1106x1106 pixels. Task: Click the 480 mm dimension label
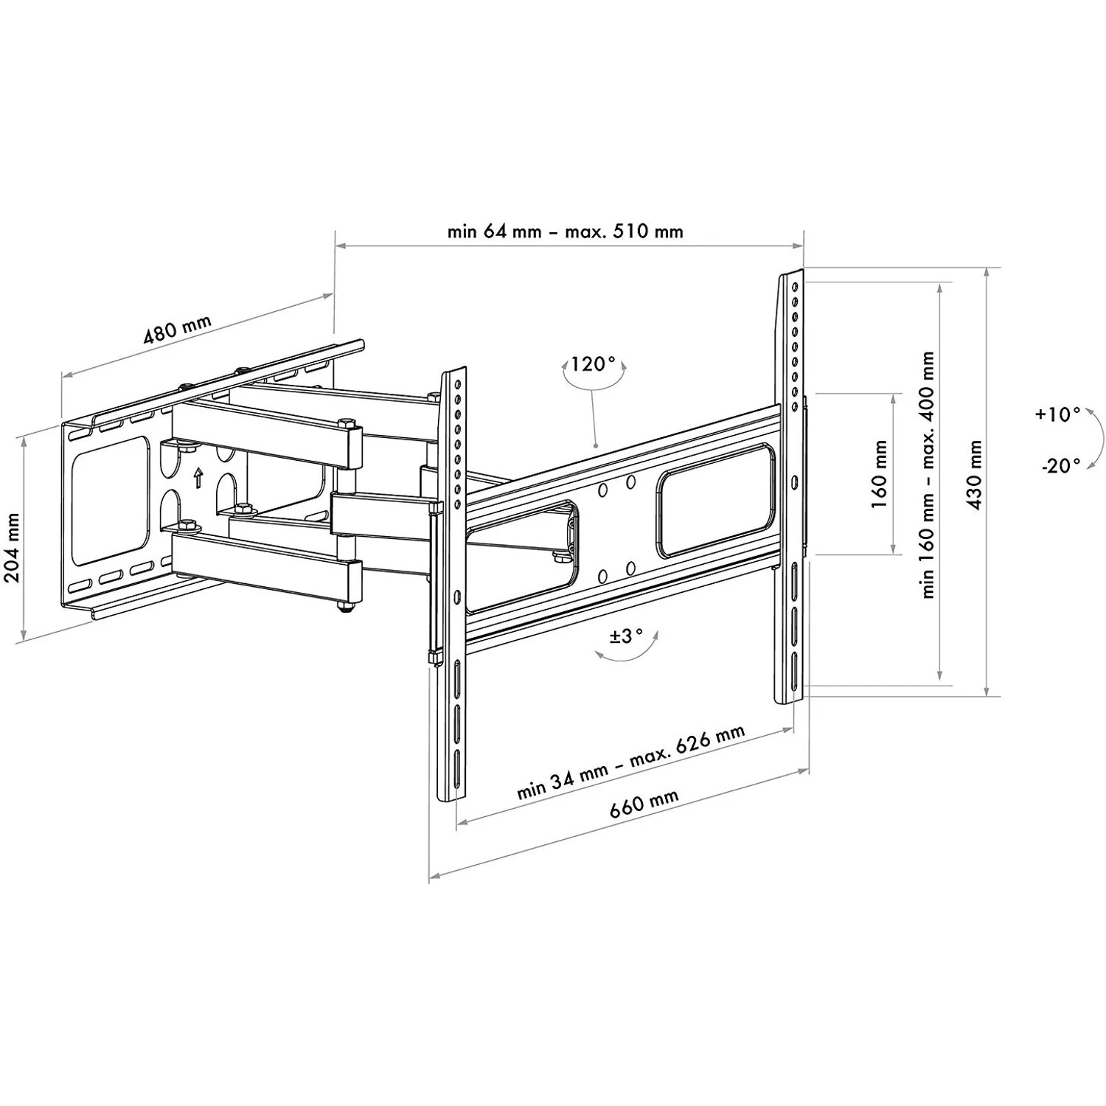tap(177, 330)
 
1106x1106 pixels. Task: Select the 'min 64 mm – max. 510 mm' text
tap(565, 232)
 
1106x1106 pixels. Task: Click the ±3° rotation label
tap(626, 636)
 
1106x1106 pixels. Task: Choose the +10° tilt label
tap(1057, 414)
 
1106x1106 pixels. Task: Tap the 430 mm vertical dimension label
tap(975, 475)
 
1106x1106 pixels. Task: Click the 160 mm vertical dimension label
tap(879, 474)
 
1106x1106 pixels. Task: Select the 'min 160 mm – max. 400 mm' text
tap(928, 474)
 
